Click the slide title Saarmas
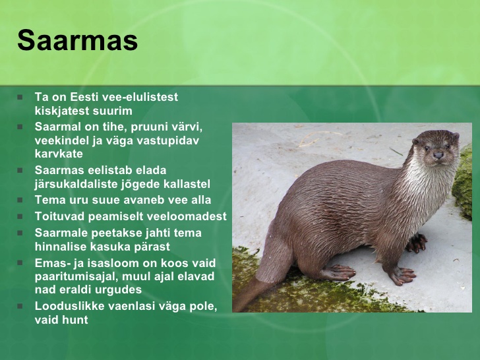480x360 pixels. (x=77, y=40)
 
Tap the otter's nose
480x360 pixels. (x=438, y=155)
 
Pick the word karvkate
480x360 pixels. (x=59, y=154)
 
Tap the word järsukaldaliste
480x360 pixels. (x=76, y=184)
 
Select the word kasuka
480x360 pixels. (x=111, y=246)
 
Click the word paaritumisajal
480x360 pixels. (x=76, y=276)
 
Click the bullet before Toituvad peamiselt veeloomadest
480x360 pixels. (x=20, y=216)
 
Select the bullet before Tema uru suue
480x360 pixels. (x=20, y=200)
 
